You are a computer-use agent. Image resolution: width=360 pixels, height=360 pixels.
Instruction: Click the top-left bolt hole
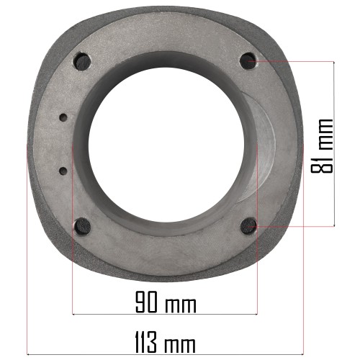[x=82, y=62]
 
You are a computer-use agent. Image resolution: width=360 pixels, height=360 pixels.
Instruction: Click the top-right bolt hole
[x=248, y=60]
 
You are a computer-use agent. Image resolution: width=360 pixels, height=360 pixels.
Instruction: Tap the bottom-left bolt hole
[x=82, y=227]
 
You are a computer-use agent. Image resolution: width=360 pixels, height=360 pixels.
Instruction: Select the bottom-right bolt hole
[x=248, y=226]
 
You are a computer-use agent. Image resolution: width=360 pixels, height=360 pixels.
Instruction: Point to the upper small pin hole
[x=63, y=117]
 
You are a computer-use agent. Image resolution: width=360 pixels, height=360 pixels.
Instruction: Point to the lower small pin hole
[x=63, y=171]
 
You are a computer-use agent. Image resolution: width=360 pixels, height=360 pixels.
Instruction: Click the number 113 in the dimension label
[x=146, y=342]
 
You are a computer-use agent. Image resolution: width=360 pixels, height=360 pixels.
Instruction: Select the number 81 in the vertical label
[x=322, y=163]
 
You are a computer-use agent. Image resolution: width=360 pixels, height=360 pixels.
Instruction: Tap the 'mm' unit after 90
[x=181, y=305]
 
